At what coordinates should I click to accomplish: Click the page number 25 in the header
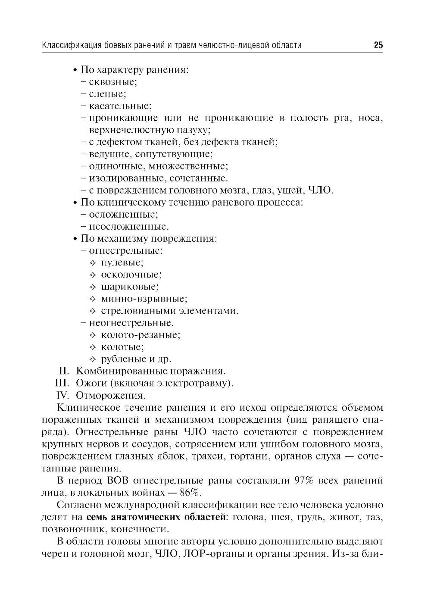coord(378,45)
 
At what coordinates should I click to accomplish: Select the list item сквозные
coord(113,81)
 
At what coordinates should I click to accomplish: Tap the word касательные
coord(120,106)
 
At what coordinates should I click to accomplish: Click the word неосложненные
coord(128,226)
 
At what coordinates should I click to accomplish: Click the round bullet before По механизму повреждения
coord(75,239)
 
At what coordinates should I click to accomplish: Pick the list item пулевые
coord(122,262)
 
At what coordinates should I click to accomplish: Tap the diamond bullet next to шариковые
coord(92,287)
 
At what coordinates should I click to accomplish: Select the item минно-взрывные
coord(144,299)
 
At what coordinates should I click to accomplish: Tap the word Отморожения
coord(110,395)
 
